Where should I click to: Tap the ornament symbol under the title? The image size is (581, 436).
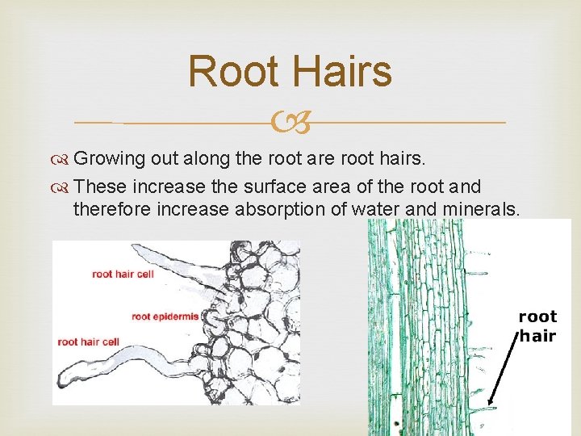pyautogui.click(x=290, y=123)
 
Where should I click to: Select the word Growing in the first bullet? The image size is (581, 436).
pyautogui.click(x=108, y=159)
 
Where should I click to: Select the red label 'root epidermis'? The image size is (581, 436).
pyautogui.click(x=165, y=317)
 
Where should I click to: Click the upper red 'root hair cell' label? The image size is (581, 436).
pyautogui.click(x=123, y=274)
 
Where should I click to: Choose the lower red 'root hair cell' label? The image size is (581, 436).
pyautogui.click(x=88, y=342)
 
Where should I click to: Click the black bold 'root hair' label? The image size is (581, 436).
pyautogui.click(x=537, y=326)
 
